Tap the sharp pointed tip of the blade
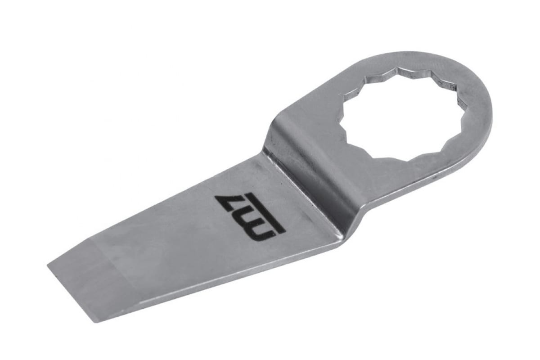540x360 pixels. (48, 265)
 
